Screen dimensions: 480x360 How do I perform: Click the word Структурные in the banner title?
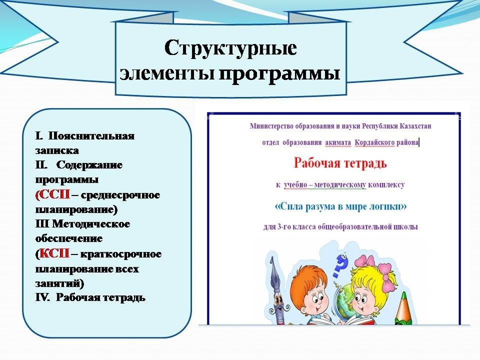[230, 48]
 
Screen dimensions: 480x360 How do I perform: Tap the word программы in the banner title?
[279, 73]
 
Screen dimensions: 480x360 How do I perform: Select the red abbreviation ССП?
[54, 194]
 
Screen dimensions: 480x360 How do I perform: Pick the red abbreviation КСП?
[54, 253]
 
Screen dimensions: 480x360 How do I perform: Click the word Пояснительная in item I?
[91, 135]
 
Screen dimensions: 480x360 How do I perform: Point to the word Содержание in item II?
[89, 164]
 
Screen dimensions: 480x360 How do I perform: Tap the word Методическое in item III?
[91, 224]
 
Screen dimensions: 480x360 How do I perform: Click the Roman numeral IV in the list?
[42, 297]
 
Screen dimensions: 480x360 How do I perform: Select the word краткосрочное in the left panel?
[121, 254]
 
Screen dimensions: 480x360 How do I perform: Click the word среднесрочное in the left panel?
[120, 195]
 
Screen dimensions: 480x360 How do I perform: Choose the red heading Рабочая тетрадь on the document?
[340, 163]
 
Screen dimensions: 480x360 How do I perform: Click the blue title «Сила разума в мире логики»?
[340, 206]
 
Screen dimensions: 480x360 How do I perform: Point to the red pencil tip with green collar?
[403, 308]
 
